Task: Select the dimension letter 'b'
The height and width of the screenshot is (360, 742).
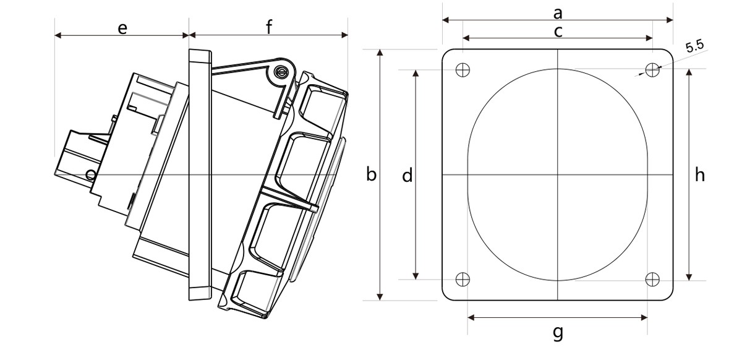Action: (x=372, y=174)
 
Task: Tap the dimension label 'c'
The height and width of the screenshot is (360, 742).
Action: (x=558, y=32)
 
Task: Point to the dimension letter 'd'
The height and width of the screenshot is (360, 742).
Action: (x=407, y=175)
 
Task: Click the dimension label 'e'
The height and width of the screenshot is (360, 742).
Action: (x=122, y=29)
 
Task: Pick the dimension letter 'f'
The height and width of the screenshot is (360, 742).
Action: (x=269, y=27)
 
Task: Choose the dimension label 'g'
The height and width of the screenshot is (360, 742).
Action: (x=558, y=333)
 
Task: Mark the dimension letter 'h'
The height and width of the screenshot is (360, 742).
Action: (x=699, y=174)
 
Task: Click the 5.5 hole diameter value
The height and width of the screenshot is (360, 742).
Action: (x=694, y=47)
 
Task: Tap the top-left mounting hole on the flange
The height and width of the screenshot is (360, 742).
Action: (x=463, y=70)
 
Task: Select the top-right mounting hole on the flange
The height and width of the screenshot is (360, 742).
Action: (x=652, y=70)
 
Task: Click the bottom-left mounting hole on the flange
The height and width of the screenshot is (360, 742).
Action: (x=463, y=279)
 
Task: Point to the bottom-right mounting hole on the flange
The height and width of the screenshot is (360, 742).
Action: (x=652, y=279)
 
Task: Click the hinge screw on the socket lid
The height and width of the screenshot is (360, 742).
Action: (x=280, y=72)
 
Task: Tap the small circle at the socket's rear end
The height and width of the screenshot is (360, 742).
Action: (x=90, y=174)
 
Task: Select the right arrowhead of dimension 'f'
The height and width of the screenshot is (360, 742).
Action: (x=344, y=35)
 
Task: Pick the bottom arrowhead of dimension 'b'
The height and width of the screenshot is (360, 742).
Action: (x=380, y=297)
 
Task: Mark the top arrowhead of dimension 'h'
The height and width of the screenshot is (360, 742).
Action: (x=689, y=72)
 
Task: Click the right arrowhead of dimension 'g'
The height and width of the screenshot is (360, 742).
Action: (x=644, y=317)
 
